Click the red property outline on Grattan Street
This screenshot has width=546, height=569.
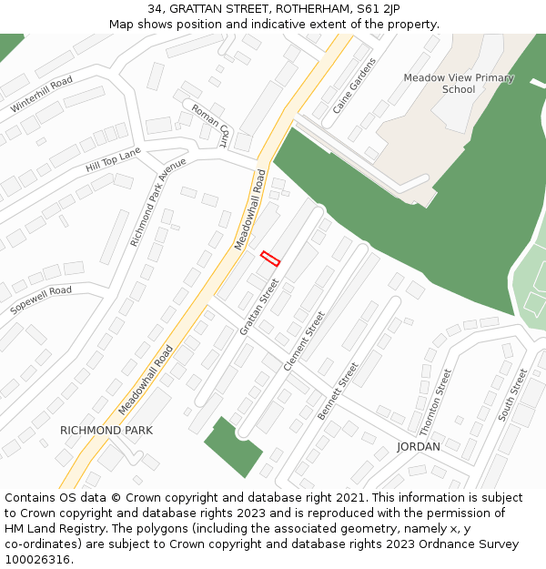coord(270,259)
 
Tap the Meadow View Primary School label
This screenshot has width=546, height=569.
coord(458,84)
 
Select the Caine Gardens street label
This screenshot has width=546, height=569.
coord(354,86)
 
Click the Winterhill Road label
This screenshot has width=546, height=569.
coord(42,95)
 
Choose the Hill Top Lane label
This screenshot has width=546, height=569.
coord(113,160)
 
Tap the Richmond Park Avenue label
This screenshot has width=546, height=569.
coord(157,201)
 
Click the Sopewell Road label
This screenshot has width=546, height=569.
coord(41,300)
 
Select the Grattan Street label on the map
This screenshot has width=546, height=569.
coord(258,306)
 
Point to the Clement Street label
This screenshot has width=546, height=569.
coord(304,340)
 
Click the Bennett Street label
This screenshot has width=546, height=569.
coord(338,390)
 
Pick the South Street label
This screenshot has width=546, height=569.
coord(512,394)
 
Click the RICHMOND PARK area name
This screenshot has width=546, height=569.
coord(106,430)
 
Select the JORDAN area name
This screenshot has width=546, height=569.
coord(419,447)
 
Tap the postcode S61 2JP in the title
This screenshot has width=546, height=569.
coord(379,9)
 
